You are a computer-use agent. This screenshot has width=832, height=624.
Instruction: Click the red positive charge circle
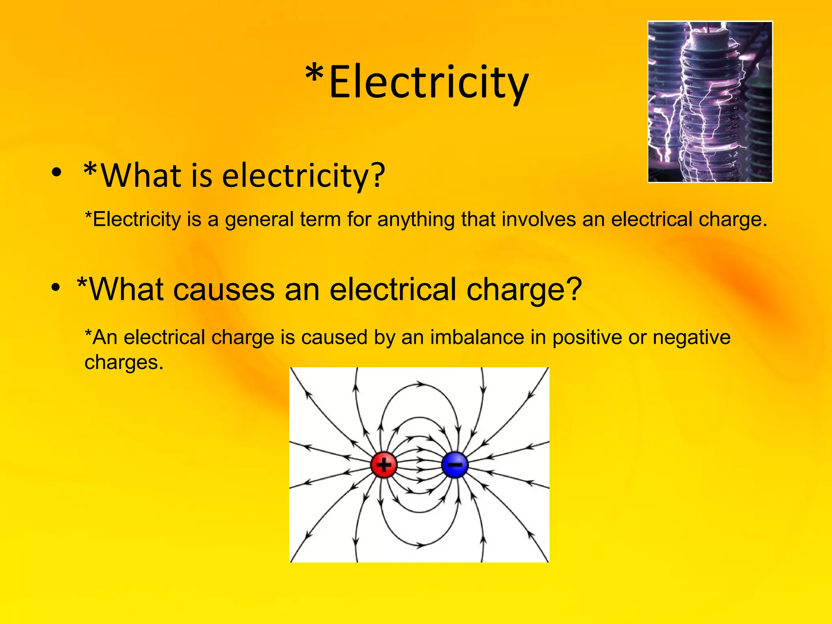[383, 464]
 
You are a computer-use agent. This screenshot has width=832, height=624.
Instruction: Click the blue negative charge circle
[455, 464]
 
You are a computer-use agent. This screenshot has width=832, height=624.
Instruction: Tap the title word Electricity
[429, 82]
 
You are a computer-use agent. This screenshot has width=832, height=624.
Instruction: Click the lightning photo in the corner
[710, 102]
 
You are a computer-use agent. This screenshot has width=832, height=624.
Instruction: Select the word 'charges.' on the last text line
[124, 362]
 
